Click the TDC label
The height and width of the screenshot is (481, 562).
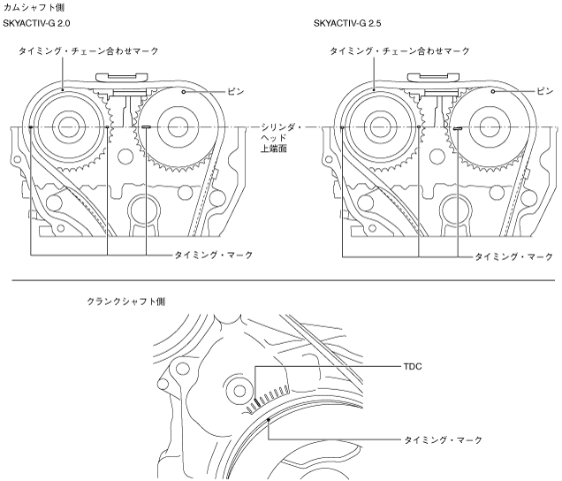[x=412, y=364]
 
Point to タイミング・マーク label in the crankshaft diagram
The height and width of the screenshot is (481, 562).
[x=443, y=439]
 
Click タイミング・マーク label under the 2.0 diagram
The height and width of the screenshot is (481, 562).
[x=213, y=255]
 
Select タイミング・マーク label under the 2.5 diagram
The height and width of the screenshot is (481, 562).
[x=513, y=256]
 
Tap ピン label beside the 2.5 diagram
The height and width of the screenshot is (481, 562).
[x=545, y=91]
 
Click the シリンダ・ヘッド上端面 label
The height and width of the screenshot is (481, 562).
[x=282, y=139]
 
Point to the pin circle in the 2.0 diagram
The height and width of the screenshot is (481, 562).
[x=182, y=91]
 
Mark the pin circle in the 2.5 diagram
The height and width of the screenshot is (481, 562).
[x=492, y=91]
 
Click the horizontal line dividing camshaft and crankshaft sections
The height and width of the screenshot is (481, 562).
[x=281, y=282]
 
